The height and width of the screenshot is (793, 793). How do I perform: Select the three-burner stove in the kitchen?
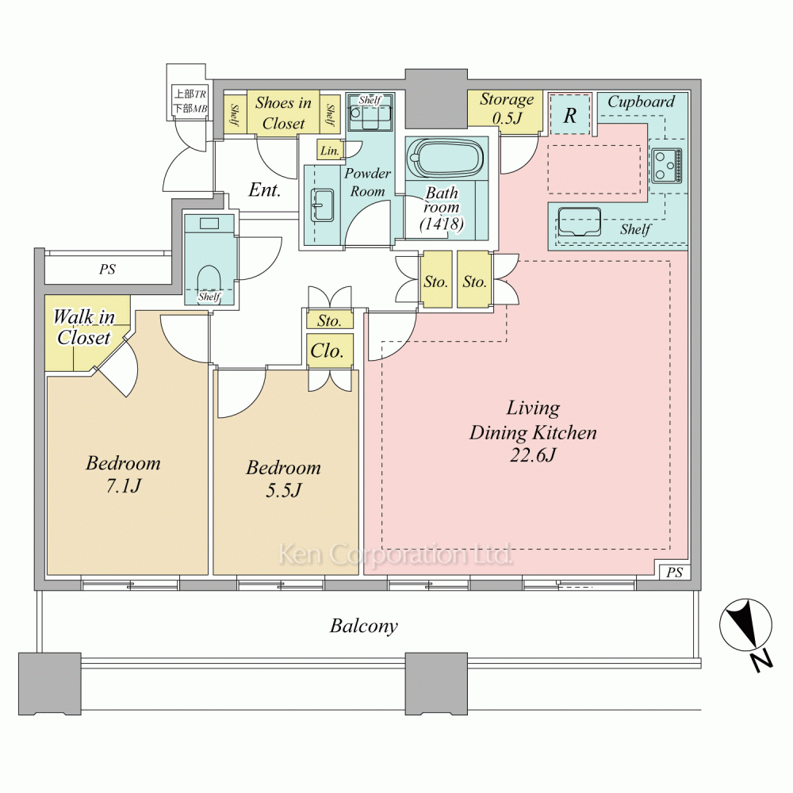pyautogui.click(x=667, y=166)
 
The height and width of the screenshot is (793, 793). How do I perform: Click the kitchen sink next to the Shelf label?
pyautogui.click(x=579, y=222)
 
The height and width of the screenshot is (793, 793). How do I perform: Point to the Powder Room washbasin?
pyautogui.click(x=322, y=205)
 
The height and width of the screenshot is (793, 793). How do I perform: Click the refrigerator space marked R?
pyautogui.click(x=570, y=114)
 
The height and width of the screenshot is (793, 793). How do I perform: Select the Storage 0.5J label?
pyautogui.click(x=507, y=108)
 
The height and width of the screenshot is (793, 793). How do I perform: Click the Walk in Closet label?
pyautogui.click(x=83, y=328)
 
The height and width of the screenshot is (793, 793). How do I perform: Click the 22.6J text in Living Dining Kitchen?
pyautogui.click(x=533, y=455)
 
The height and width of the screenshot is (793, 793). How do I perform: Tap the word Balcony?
pyautogui.click(x=364, y=626)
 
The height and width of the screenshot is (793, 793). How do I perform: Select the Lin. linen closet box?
pyautogui.click(x=330, y=150)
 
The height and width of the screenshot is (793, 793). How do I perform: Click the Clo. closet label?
pyautogui.click(x=327, y=351)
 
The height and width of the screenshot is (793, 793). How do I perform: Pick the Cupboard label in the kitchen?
pyautogui.click(x=641, y=102)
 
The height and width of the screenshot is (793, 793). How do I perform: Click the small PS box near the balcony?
pyautogui.click(x=674, y=572)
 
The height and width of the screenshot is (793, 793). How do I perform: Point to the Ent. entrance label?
pyautogui.click(x=265, y=190)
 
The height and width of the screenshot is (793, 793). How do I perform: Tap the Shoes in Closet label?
pyautogui.click(x=283, y=113)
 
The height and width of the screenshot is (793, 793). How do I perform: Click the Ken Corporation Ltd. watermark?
pyautogui.click(x=396, y=554)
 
